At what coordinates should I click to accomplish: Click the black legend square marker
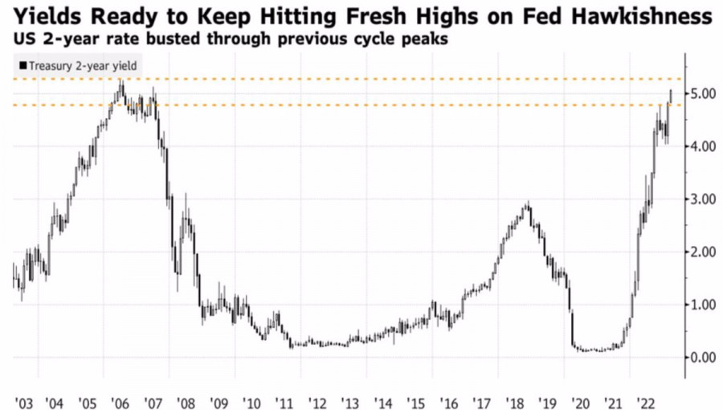22,66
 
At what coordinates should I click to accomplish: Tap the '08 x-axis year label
186,400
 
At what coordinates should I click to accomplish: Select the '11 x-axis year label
284,400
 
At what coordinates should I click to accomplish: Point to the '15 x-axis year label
415,400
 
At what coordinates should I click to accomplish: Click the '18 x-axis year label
514,400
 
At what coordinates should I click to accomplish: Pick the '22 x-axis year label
645,400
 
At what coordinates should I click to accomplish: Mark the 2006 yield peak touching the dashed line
120,81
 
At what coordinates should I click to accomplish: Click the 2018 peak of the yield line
528,204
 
